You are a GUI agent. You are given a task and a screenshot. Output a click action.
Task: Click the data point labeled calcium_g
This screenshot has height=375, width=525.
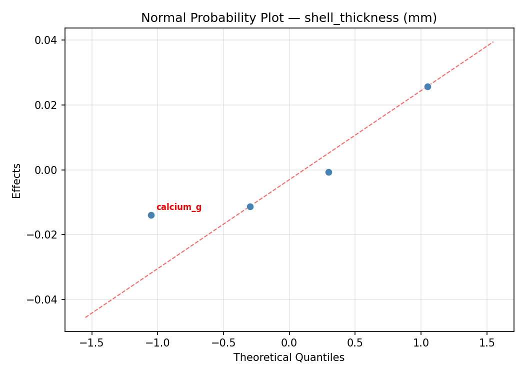[151, 215]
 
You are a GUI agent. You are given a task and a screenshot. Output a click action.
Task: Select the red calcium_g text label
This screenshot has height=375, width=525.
[178, 207]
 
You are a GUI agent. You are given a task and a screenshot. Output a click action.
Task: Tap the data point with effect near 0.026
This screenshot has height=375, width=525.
[427, 86]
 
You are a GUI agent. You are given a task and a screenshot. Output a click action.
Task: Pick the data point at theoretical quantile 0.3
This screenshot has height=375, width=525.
[328, 172]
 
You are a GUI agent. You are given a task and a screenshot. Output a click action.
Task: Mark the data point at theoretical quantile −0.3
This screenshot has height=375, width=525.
[250, 206]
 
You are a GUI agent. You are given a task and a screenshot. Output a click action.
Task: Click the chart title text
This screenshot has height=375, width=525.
[289, 18]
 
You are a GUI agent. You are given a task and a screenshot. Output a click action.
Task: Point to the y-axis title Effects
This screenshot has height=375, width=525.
[17, 180]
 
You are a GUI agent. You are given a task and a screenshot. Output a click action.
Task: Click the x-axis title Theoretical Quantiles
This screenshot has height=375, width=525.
[289, 357]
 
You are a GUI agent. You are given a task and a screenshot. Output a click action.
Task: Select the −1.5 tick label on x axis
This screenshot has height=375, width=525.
[91, 343]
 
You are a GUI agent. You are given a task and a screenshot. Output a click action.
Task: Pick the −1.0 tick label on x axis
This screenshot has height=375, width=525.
[157, 343]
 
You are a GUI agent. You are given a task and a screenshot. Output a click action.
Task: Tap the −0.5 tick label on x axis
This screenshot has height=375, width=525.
[223, 343]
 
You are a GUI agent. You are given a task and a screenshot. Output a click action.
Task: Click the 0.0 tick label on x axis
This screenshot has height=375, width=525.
[289, 343]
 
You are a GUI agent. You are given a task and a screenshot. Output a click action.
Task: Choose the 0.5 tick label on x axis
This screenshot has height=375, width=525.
[355, 343]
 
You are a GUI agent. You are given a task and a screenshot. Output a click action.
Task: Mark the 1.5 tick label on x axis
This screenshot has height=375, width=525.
[486, 343]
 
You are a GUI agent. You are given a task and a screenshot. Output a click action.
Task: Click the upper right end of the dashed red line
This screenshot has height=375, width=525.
[493, 42]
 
